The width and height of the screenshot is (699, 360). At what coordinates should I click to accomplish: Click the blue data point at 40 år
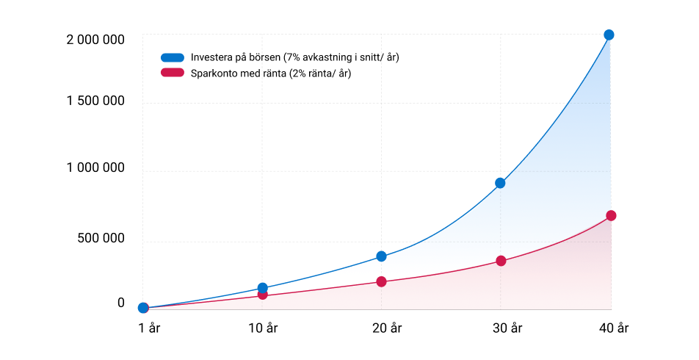pyautogui.click(x=609, y=35)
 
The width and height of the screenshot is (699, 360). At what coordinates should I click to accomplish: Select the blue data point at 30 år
pyautogui.click(x=500, y=183)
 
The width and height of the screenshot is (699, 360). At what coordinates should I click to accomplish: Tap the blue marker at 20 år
pyautogui.click(x=381, y=256)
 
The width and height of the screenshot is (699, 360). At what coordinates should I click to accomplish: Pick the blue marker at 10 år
pyautogui.click(x=263, y=288)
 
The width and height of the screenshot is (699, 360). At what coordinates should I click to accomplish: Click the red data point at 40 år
pyautogui.click(x=611, y=215)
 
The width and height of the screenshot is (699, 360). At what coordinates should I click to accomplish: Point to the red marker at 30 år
pyautogui.click(x=501, y=261)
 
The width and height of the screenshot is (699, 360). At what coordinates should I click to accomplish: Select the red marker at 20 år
pyautogui.click(x=381, y=281)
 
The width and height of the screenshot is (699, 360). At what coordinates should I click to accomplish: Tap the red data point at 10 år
pyautogui.click(x=263, y=295)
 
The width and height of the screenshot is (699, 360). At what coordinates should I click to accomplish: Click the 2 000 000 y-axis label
pyautogui.click(x=95, y=40)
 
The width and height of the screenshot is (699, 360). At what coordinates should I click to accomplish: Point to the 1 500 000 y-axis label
pyautogui.click(x=95, y=101)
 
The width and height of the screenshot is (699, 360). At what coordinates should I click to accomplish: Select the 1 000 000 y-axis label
pyautogui.click(x=95, y=168)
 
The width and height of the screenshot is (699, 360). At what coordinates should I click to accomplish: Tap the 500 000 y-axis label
pyautogui.click(x=101, y=238)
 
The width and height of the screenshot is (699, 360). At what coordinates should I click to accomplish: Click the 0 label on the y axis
pyautogui.click(x=121, y=303)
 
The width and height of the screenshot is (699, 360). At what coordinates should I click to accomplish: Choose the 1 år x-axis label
pyautogui.click(x=149, y=328)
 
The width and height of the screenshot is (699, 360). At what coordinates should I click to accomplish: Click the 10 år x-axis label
pyautogui.click(x=263, y=328)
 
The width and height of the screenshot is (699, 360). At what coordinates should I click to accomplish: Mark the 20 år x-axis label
pyautogui.click(x=387, y=328)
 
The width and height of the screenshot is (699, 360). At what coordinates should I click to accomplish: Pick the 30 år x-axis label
pyautogui.click(x=507, y=328)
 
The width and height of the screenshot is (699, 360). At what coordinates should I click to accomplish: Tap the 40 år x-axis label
pyautogui.click(x=614, y=328)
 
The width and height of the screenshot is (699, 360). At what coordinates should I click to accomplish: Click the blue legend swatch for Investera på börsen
pyautogui.click(x=173, y=57)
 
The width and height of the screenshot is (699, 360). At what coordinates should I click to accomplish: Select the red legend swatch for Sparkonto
pyautogui.click(x=173, y=72)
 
